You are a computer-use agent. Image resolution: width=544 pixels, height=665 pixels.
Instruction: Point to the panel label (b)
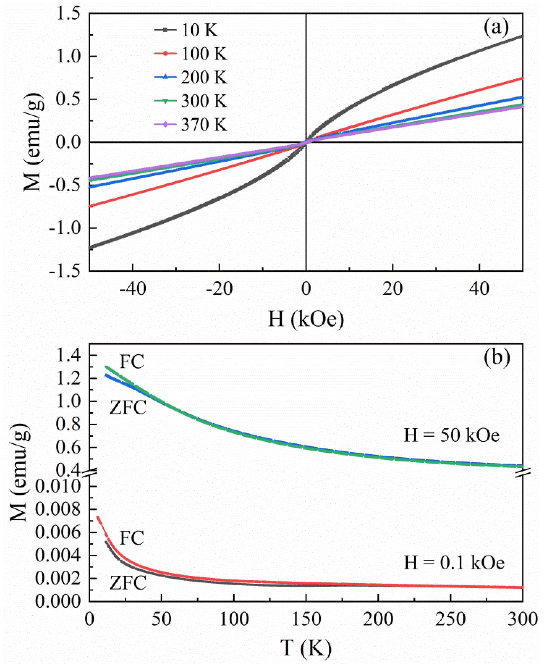click(497, 357)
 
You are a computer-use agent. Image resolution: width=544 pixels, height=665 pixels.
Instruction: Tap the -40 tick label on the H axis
click(133, 288)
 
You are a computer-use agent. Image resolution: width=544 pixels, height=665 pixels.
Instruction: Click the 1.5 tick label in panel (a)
click(68, 14)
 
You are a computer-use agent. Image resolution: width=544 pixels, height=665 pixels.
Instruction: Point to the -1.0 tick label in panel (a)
click(64, 228)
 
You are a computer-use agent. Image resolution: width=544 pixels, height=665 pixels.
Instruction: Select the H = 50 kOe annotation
click(451, 436)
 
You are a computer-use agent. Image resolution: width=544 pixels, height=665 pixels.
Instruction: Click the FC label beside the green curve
click(132, 362)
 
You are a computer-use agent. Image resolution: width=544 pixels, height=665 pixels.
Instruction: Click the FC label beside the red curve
click(132, 538)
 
